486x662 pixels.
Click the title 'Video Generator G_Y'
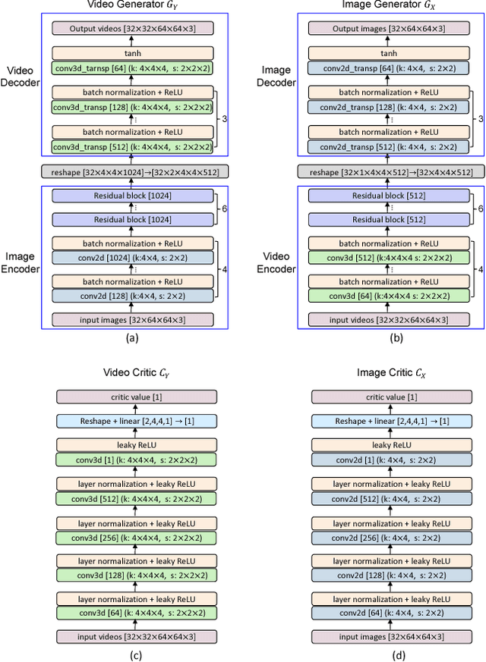click(133, 6)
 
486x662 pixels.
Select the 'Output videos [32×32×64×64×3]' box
click(133, 28)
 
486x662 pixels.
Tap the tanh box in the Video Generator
click(133, 54)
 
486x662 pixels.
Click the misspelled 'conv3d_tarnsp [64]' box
click(133, 67)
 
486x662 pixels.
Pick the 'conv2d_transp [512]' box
click(388, 146)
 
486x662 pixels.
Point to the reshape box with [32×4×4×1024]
click(133, 172)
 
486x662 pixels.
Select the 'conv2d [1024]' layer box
click(133, 257)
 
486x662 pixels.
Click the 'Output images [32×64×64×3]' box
click(388, 28)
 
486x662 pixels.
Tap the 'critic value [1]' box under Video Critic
click(136, 397)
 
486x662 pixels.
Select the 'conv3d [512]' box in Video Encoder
click(388, 257)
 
